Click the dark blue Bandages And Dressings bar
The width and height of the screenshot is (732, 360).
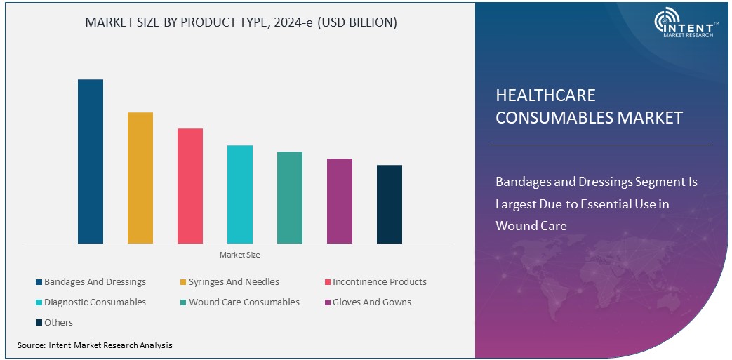[91, 161]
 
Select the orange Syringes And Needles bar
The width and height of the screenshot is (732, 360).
[140, 178]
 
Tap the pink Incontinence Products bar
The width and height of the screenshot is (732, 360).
[190, 186]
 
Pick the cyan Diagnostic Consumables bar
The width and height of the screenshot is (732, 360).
[240, 194]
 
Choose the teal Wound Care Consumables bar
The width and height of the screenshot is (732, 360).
[290, 197]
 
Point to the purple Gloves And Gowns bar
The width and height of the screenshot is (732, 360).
[340, 201]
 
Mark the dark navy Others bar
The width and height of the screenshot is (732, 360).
[390, 204]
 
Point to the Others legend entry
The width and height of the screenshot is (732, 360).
[58, 323]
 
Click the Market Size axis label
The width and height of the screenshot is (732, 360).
[239, 255]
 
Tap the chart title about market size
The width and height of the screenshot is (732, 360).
[241, 22]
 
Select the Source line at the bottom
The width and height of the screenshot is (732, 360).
[95, 345]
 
